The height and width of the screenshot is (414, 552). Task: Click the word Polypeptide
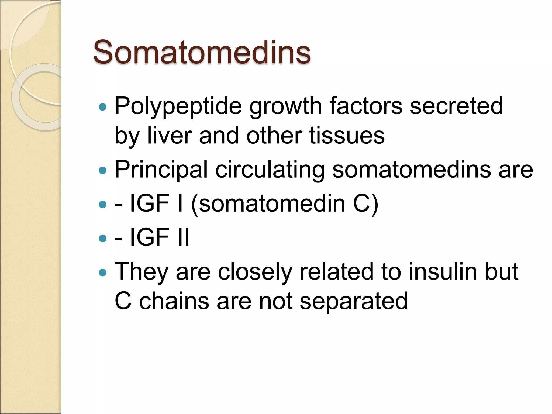point(178,106)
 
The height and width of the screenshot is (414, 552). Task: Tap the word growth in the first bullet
point(285,106)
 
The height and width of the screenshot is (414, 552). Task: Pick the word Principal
point(161,170)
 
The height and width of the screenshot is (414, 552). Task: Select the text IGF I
point(157,203)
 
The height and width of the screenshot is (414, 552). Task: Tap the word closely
point(255,272)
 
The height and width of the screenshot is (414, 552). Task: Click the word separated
point(353,301)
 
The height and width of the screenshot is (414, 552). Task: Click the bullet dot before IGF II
point(103,238)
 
